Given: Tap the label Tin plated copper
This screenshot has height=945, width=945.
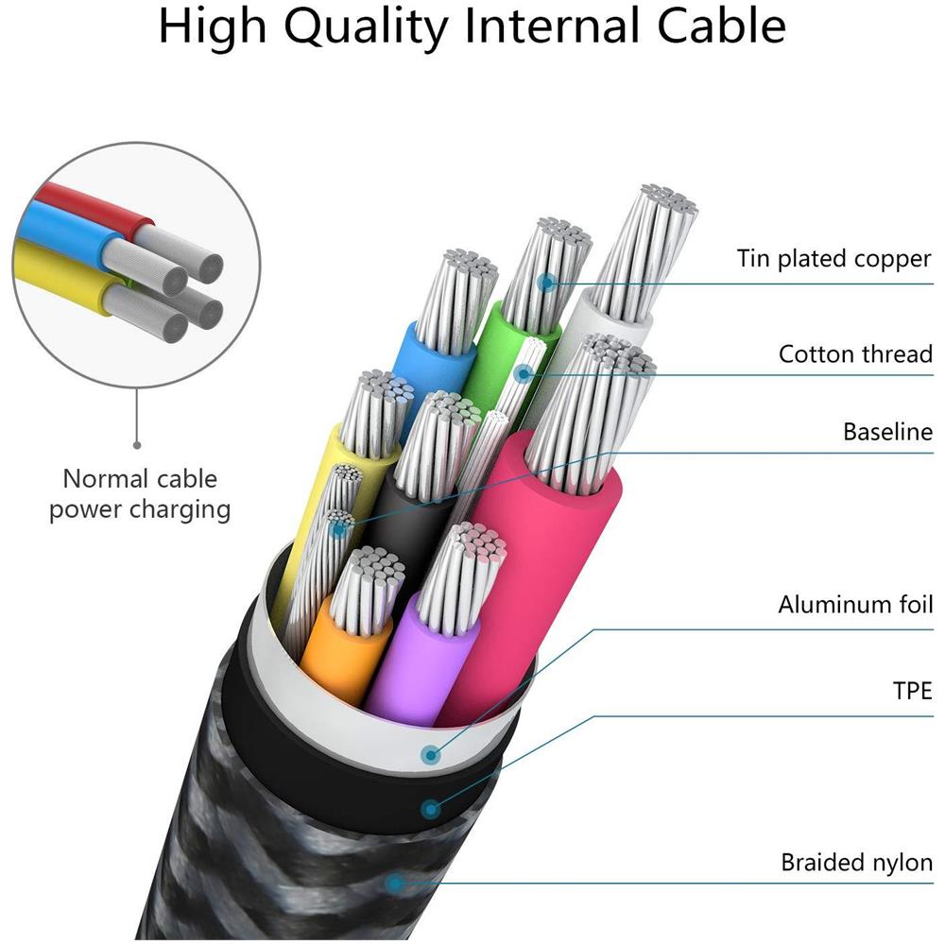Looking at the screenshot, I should [x=834, y=258].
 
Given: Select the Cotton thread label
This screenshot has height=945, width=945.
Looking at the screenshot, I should [x=855, y=354].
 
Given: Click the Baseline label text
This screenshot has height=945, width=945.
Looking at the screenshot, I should [x=887, y=432].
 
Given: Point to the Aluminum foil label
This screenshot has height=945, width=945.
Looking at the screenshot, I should [x=855, y=605].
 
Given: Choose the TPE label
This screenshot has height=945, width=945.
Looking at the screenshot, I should [x=912, y=691].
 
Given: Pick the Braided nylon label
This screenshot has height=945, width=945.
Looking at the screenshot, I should [x=856, y=862].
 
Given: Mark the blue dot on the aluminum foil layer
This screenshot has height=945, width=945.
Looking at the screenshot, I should [x=432, y=754].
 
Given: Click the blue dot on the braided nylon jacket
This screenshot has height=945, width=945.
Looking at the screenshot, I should [x=396, y=884].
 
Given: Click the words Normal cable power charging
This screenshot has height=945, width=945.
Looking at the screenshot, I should [x=140, y=494].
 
